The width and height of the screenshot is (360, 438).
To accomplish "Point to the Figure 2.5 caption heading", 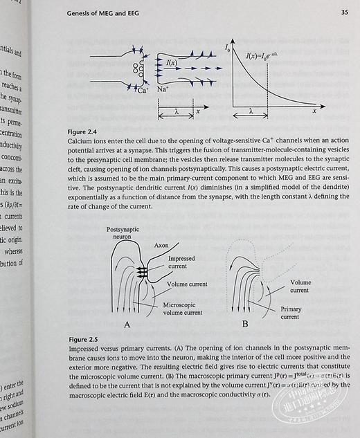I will (x=82, y=340).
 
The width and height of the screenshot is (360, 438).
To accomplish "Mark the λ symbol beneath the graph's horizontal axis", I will (x=251, y=109).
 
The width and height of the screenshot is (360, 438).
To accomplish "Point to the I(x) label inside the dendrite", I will (x=172, y=63).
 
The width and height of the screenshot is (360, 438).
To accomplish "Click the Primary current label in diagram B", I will (x=291, y=313).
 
